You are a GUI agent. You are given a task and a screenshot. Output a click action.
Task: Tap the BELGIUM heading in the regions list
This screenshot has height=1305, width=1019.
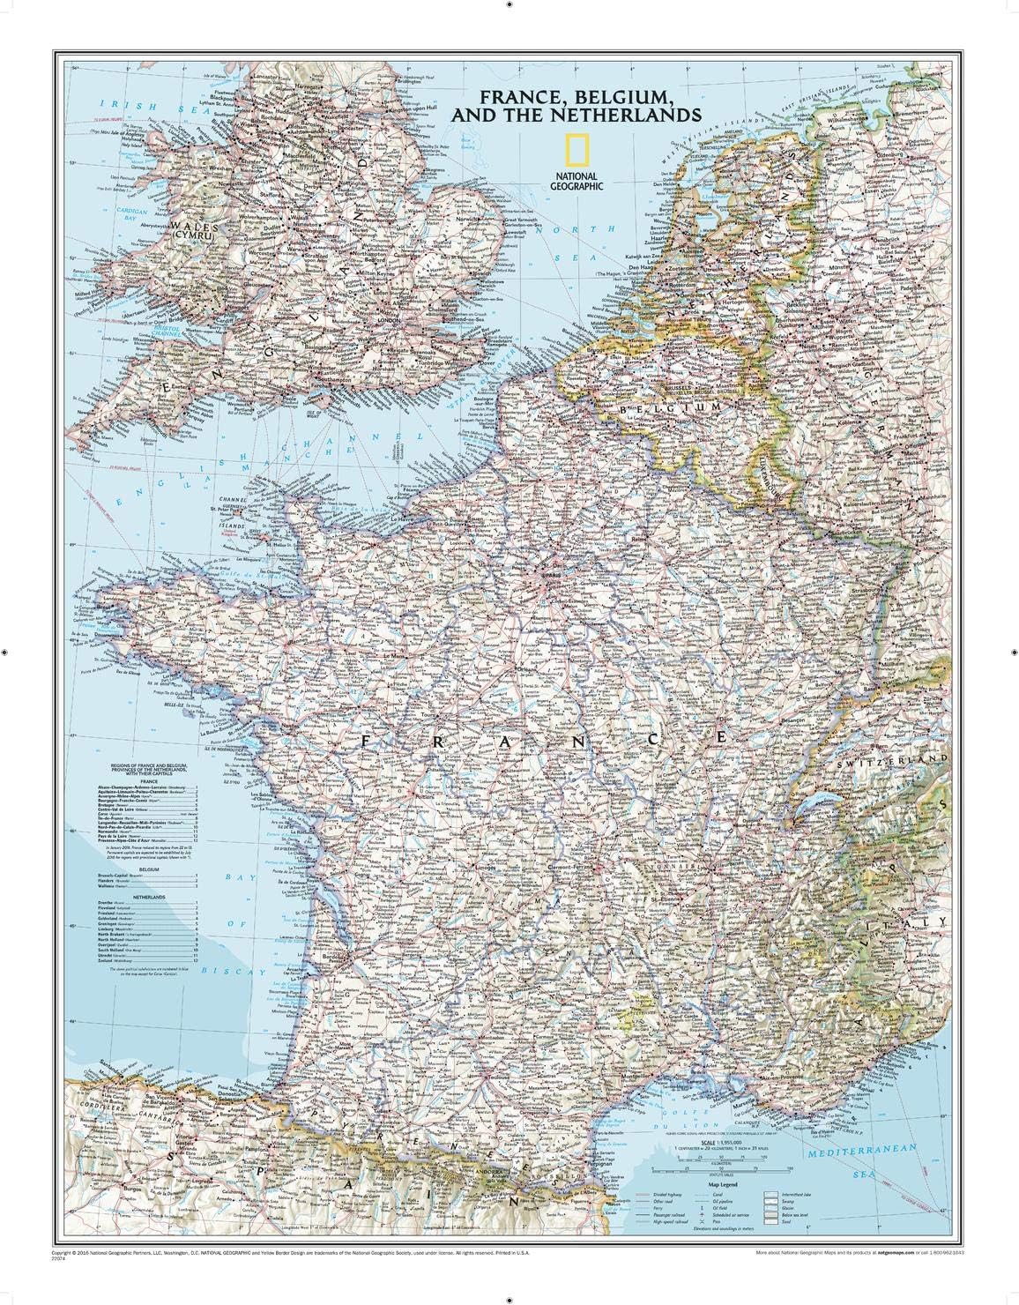pyautogui.click(x=148, y=869)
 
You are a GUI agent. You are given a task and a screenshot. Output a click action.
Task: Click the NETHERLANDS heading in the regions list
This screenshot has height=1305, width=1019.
pyautogui.click(x=148, y=895)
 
